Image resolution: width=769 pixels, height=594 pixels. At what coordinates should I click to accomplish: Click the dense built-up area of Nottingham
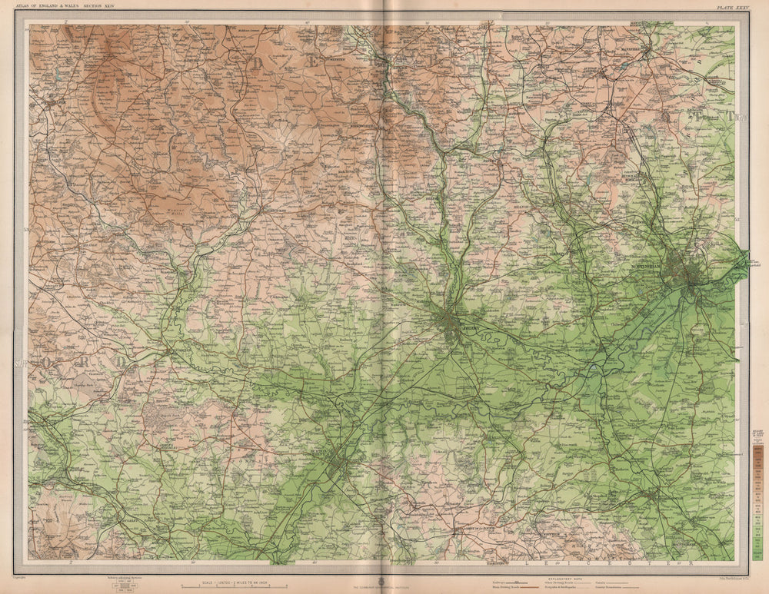[x=684, y=274]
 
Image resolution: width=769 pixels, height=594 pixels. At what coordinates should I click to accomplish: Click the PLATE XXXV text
[x=730, y=7]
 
